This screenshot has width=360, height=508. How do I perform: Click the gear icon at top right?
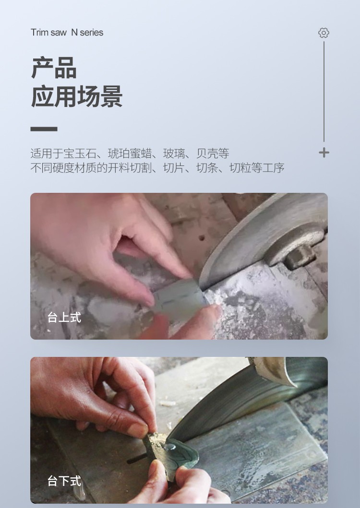click(x=324, y=33)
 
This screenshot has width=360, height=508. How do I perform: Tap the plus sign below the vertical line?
click(x=324, y=153)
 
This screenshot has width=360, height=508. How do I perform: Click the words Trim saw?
click(x=48, y=33)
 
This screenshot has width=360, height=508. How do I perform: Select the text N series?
click(x=87, y=33)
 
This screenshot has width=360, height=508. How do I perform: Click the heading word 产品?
click(x=54, y=68)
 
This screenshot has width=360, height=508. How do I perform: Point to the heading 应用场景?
click(x=76, y=96)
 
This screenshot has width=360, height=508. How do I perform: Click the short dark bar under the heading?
click(x=44, y=129)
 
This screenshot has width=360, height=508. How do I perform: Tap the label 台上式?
click(x=64, y=317)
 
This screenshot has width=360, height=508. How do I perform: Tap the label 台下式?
click(x=64, y=481)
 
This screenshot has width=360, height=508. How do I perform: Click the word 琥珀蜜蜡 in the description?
click(x=130, y=153)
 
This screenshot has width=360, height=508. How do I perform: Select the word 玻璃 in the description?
click(x=174, y=153)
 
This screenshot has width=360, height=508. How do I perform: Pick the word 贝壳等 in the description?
click(x=213, y=153)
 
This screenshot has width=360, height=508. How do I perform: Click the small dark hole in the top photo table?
click(x=202, y=238)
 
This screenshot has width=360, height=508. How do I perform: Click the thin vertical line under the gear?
click(x=324, y=91)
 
